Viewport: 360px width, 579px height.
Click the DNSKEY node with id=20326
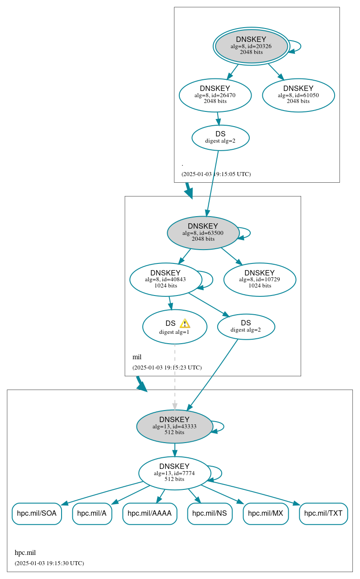click(251, 46)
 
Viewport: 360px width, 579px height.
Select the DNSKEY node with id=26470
click(215, 95)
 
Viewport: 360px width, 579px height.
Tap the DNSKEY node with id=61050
click(298, 95)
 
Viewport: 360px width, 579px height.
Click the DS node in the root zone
click(220, 138)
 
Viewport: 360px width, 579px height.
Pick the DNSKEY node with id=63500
click(203, 233)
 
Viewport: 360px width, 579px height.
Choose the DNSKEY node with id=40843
click(166, 279)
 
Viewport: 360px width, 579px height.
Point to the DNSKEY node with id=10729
click(260, 279)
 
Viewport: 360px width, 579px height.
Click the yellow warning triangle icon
click(185, 324)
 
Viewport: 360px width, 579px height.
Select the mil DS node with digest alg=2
click(246, 327)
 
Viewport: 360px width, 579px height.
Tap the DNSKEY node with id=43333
click(174, 427)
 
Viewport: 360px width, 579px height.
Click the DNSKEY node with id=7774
click(174, 473)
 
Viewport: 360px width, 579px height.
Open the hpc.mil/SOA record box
click(37, 513)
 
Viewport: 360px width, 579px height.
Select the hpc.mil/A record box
click(92, 513)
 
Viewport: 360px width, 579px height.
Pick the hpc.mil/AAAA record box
click(149, 513)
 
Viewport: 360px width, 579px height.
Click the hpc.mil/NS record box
click(210, 513)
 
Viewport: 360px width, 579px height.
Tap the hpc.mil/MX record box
click(265, 513)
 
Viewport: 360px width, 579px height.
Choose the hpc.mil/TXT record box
click(323, 513)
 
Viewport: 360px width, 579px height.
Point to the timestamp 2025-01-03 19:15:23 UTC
click(167, 368)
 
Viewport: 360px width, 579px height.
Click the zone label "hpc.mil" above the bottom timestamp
click(25, 553)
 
